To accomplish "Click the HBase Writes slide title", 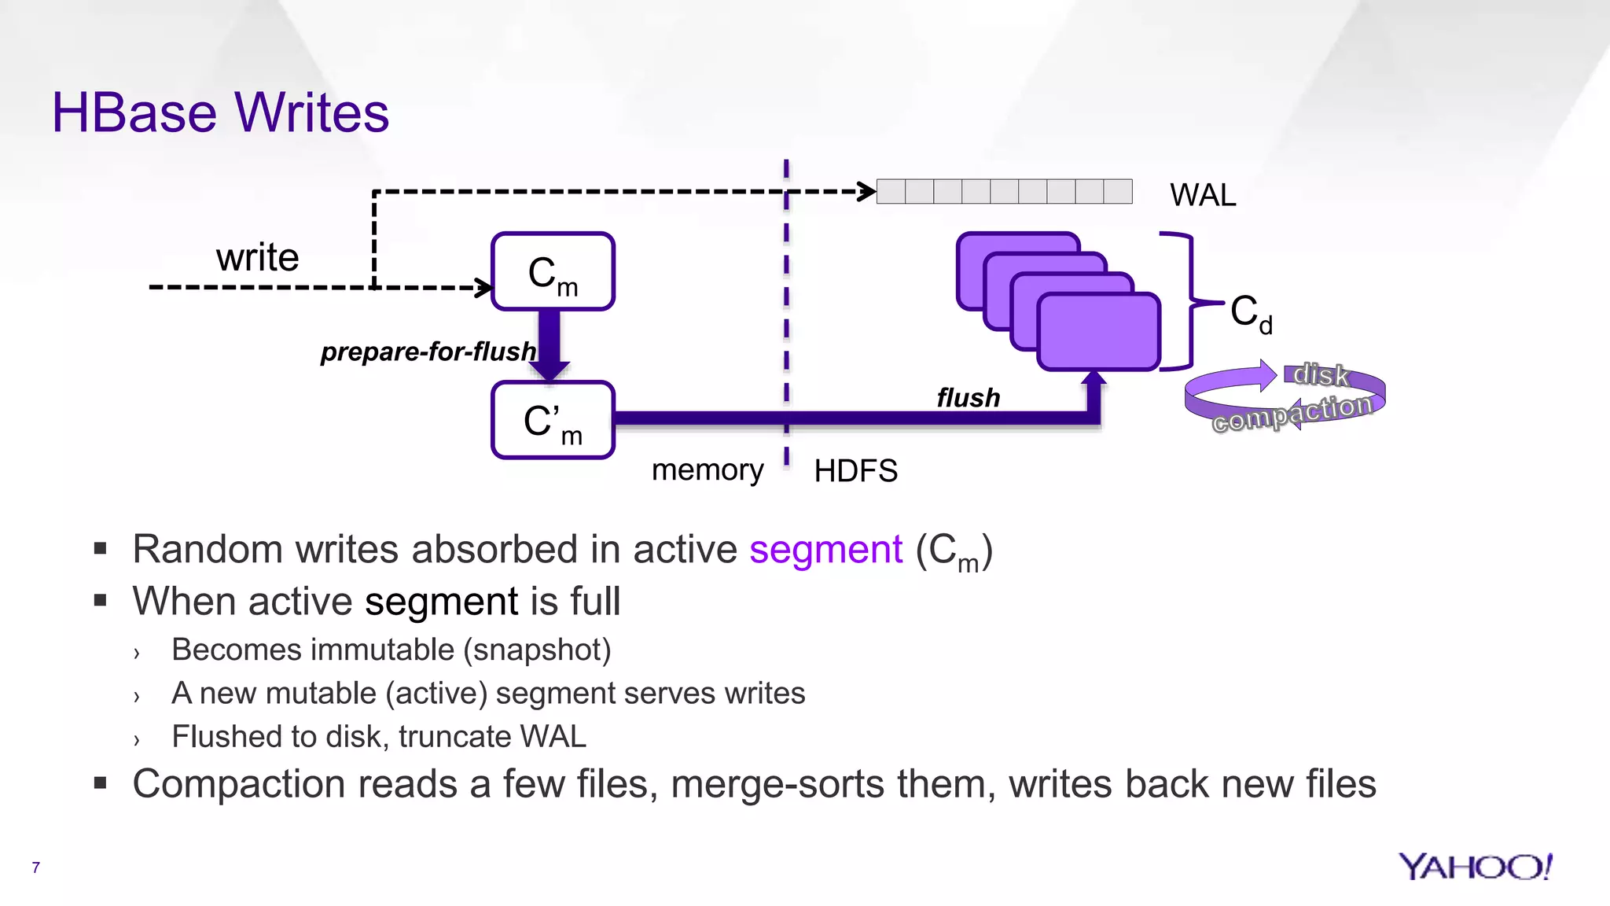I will click(x=220, y=112).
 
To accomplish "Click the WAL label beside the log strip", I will click(x=1202, y=195).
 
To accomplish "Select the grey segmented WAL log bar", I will click(x=1004, y=192).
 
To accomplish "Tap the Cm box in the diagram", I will click(x=553, y=272).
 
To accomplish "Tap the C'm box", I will click(x=553, y=421).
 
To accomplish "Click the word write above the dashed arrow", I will click(x=258, y=258).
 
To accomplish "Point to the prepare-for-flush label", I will click(x=428, y=352).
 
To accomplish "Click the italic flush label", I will click(x=968, y=398).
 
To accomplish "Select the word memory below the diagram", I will click(x=708, y=470).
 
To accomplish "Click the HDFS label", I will click(x=855, y=471).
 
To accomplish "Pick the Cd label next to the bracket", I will click(x=1250, y=313).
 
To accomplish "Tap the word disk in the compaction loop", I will click(x=1321, y=375).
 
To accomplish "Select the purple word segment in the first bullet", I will click(x=825, y=549).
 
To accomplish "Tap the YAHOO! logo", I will click(x=1475, y=867).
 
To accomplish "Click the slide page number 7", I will click(x=35, y=867).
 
